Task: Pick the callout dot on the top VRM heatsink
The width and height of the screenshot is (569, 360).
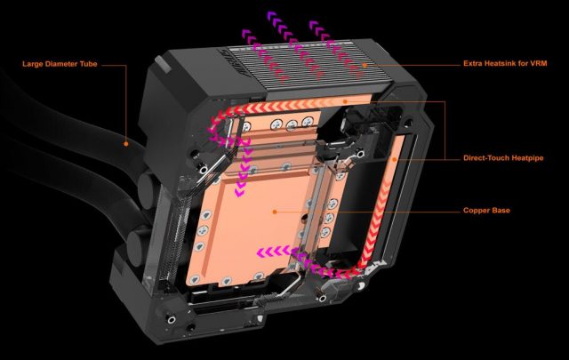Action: (x=365, y=64)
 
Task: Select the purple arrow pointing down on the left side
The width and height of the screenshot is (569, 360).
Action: (x=235, y=169)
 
